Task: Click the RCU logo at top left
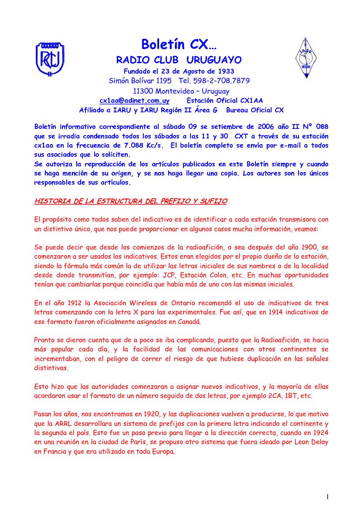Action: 51,58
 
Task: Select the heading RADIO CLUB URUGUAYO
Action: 179,60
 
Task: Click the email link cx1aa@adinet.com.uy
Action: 134,101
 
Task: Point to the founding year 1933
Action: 225,71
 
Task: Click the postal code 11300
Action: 143,91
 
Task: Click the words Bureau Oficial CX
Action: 255,110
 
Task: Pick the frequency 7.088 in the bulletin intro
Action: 133,145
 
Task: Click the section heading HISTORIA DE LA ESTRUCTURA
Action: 130,201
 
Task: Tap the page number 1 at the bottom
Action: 327,497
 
